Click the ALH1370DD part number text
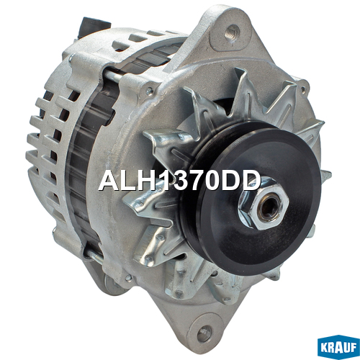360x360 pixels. coord(179,181)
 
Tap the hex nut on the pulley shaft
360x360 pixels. coord(264,203)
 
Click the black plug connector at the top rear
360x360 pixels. coord(93,27)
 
